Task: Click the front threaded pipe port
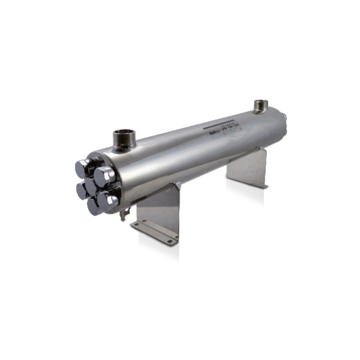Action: click(x=124, y=140)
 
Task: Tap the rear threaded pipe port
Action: click(x=261, y=107)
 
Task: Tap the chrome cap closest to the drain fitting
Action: click(x=108, y=200)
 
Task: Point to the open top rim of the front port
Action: click(x=124, y=132)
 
